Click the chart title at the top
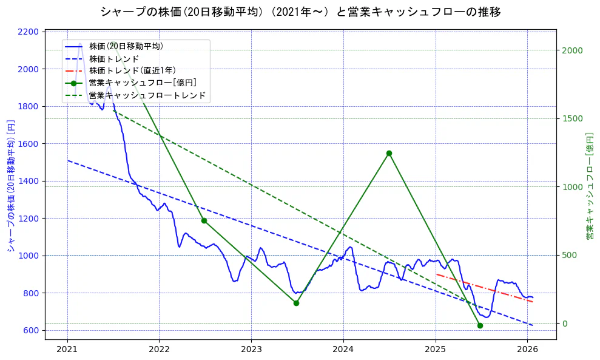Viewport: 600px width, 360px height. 300,12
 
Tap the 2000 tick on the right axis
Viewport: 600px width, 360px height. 572,50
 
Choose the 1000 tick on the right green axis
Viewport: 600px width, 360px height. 572,186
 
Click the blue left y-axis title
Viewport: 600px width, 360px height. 10,186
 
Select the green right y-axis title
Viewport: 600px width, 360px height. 589,186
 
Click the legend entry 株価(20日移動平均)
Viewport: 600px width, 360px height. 126,46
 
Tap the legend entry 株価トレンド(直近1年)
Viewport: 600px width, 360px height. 132,70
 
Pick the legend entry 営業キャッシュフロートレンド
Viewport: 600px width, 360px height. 147,95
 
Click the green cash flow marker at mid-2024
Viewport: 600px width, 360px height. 389,153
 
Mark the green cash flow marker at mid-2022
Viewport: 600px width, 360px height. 204,220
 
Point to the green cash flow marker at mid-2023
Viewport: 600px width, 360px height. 296,303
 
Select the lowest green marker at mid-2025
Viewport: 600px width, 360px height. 480,325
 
